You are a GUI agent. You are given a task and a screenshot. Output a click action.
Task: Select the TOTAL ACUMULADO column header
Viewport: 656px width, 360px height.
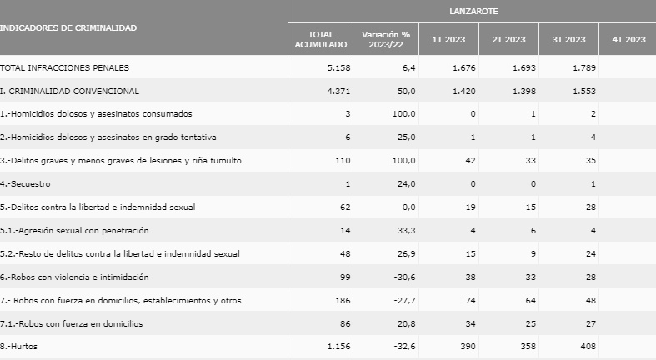pyautogui.click(x=321, y=39)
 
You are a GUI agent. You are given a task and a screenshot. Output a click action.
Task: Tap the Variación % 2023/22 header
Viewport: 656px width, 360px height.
pyautogui.click(x=386, y=39)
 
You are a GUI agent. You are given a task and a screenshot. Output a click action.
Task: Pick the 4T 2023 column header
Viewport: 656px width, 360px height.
pyautogui.click(x=628, y=39)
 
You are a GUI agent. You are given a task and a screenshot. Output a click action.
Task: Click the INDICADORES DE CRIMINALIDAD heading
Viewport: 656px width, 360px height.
pyautogui.click(x=69, y=27)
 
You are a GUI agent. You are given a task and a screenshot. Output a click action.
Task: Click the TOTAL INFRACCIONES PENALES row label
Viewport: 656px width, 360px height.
pyautogui.click(x=65, y=67)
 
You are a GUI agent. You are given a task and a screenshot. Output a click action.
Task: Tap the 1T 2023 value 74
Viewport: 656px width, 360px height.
pyautogui.click(x=470, y=300)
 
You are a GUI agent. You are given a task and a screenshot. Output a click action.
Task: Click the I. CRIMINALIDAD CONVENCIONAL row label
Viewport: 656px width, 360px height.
pyautogui.click(x=70, y=90)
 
